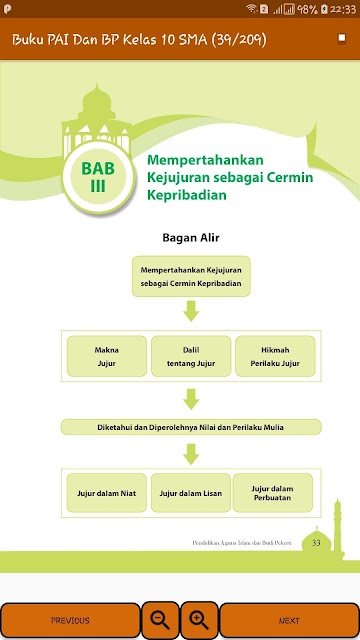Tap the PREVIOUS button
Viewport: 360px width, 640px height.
click(70, 620)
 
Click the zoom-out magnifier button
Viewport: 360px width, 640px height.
click(160, 620)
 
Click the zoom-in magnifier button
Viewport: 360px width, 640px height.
click(199, 620)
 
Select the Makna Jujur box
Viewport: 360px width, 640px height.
click(107, 356)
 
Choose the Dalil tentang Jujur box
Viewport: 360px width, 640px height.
click(191, 356)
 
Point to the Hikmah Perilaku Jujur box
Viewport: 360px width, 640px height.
click(275, 356)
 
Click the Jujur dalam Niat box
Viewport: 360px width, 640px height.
click(107, 493)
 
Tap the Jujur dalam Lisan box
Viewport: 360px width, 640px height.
click(191, 493)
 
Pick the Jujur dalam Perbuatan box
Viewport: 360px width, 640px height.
click(273, 493)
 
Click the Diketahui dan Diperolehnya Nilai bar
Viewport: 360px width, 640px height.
click(191, 427)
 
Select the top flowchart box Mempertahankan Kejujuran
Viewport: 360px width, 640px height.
click(191, 276)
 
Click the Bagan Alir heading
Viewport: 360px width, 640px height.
click(191, 238)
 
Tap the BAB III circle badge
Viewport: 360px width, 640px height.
click(98, 177)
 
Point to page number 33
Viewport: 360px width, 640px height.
click(316, 543)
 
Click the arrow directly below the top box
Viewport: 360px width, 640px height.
click(191, 311)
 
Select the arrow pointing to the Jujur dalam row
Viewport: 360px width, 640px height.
click(191, 454)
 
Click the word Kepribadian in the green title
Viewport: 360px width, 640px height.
click(187, 196)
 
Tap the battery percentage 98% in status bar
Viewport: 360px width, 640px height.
click(307, 9)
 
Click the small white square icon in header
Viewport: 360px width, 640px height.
click(342, 39)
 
